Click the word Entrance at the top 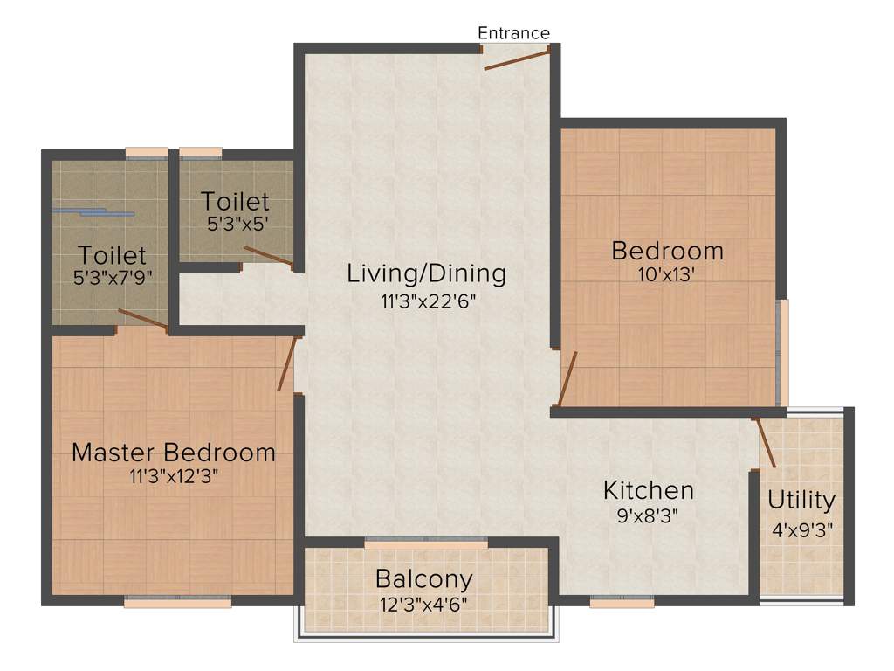(x=513, y=33)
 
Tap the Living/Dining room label (x=426, y=273)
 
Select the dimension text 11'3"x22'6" (x=426, y=301)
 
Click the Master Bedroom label (x=173, y=453)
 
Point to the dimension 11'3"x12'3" (x=173, y=477)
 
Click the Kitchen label (x=649, y=489)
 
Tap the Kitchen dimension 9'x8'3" (x=649, y=514)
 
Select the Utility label (x=801, y=501)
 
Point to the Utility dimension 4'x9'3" (x=801, y=529)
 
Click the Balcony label (x=424, y=578)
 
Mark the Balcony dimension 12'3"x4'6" (x=424, y=602)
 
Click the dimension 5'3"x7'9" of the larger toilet (x=112, y=280)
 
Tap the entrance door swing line (x=517, y=59)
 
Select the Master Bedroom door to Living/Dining (x=285, y=364)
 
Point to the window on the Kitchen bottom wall (x=622, y=602)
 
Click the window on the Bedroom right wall (x=783, y=352)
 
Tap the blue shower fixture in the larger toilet (x=94, y=211)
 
